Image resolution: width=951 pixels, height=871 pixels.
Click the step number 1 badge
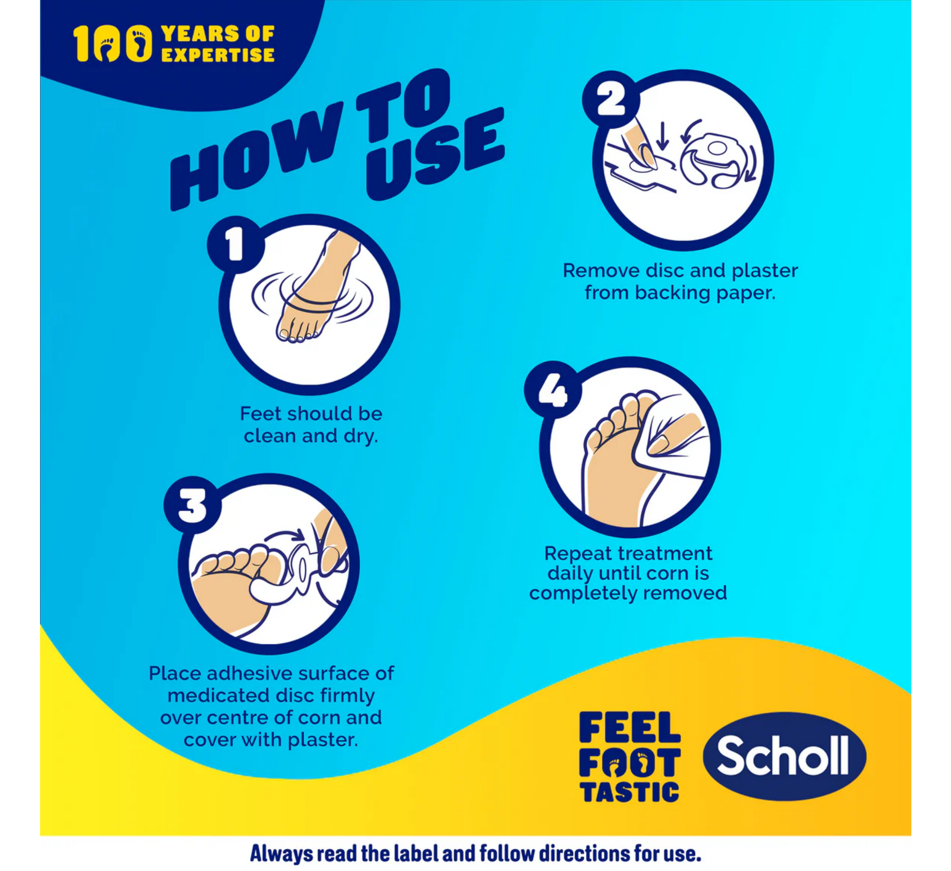(x=234, y=244)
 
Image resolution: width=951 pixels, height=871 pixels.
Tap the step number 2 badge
(x=611, y=99)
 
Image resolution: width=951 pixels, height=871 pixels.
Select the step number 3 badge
(x=192, y=505)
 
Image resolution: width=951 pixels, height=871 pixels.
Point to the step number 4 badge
(x=553, y=390)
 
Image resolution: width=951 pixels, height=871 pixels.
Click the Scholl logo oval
(x=784, y=756)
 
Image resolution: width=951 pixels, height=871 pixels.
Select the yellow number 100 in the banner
(x=113, y=43)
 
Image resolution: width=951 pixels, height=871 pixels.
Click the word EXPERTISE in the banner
(x=217, y=55)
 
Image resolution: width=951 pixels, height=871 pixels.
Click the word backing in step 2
(x=673, y=293)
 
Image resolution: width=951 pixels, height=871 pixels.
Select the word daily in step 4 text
(x=570, y=574)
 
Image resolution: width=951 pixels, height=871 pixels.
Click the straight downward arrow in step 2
(x=663, y=136)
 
